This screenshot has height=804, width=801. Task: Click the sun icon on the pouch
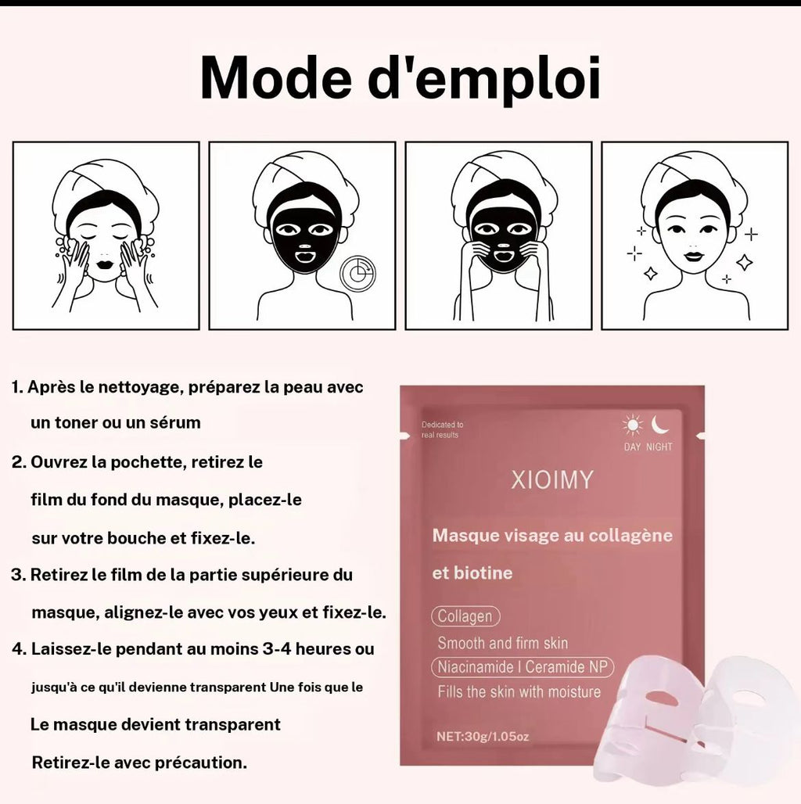tap(632, 425)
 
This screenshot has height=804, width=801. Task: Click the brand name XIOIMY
tap(552, 479)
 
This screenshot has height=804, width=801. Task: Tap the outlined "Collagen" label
tap(465, 616)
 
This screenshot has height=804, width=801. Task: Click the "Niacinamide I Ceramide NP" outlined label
tap(522, 667)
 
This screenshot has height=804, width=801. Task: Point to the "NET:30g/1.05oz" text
tap(482, 736)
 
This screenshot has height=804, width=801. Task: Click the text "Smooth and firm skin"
tap(502, 643)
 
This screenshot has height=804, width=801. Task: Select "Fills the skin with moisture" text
tap(519, 691)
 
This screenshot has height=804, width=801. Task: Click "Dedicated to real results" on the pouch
tap(442, 429)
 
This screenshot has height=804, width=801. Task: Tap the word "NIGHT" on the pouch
tap(659, 447)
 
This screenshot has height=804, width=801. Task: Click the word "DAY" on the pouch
tap(632, 447)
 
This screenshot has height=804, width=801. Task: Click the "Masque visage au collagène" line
tap(552, 536)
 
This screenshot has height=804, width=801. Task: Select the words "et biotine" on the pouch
tap(472, 573)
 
